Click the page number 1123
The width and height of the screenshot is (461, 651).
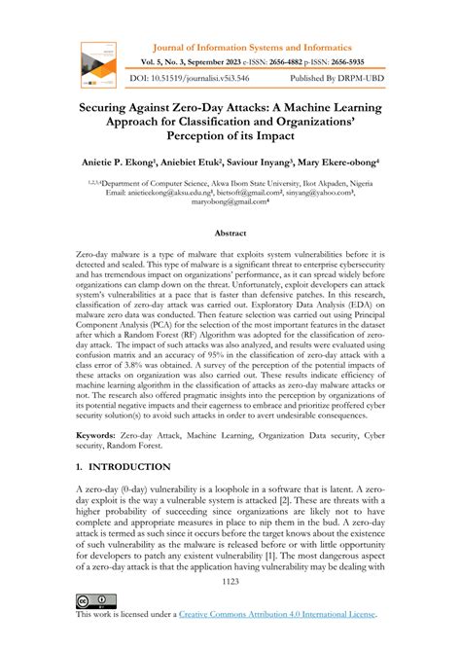230,582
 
